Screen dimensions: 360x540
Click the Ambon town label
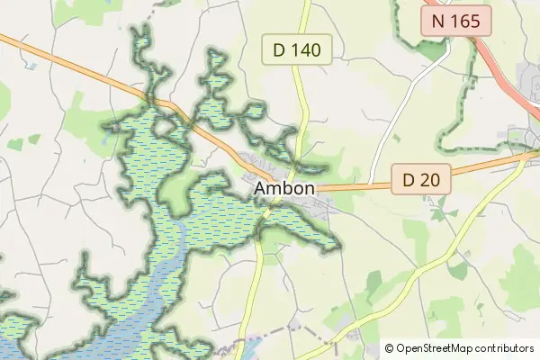(284, 189)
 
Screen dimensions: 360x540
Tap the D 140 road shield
(297, 50)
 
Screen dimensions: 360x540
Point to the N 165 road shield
(456, 21)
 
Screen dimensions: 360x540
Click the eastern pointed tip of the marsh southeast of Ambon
(339, 246)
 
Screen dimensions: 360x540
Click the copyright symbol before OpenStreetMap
(389, 347)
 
